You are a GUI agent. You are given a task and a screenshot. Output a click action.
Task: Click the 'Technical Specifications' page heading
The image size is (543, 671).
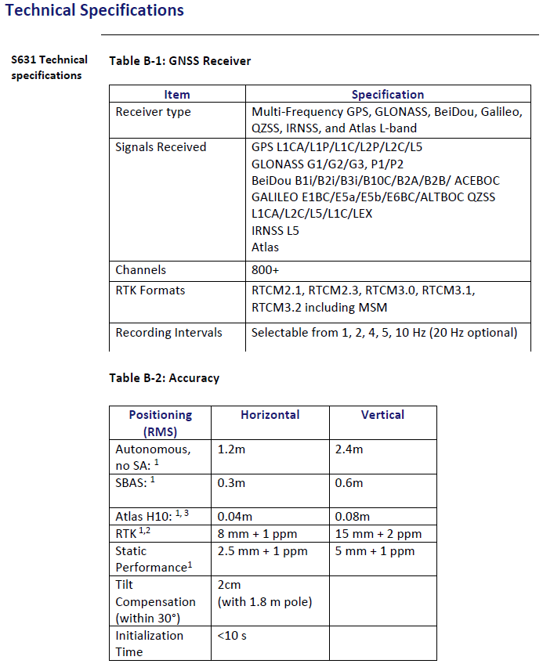point(95,11)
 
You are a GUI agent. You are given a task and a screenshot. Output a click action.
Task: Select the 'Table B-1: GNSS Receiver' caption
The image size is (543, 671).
point(179,60)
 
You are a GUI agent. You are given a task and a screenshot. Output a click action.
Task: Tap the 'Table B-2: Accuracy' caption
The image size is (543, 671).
point(164,378)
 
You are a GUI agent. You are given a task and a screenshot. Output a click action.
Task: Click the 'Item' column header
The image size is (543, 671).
point(177,94)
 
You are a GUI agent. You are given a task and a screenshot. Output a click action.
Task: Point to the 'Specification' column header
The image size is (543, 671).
point(387,94)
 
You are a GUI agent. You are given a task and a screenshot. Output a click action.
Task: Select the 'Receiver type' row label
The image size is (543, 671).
point(153,112)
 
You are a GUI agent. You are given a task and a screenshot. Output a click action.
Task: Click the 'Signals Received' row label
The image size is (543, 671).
point(161,147)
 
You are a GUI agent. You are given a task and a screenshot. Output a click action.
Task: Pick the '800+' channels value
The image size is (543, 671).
point(265,270)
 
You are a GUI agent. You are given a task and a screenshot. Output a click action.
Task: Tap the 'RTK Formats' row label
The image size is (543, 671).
point(150,290)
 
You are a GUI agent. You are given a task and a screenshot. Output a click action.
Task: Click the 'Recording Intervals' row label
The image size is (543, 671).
point(168,333)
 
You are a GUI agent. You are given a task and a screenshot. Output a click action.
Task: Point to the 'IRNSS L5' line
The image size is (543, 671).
point(275,231)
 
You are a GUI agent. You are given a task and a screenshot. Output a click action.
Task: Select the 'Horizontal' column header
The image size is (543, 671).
point(270,415)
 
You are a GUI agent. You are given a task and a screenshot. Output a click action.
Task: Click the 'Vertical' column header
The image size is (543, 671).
point(382,415)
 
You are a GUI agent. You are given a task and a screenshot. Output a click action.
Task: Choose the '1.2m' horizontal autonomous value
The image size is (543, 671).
point(231,449)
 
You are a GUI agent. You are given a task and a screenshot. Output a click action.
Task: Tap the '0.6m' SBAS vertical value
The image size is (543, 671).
point(349,483)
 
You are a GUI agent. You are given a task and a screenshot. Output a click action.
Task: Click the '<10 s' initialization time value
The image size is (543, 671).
point(232,636)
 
